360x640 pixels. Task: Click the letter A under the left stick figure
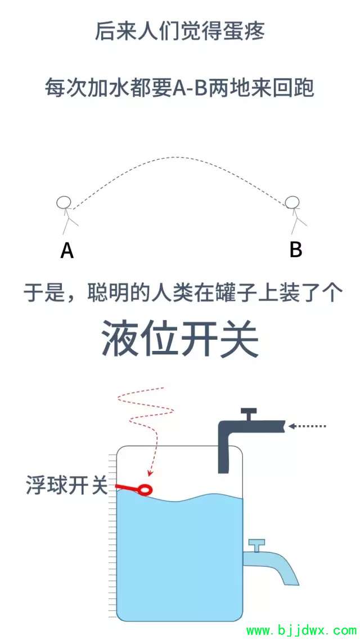click(67, 250)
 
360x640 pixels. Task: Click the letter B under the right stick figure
click(295, 249)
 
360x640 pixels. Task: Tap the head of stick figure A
click(64, 203)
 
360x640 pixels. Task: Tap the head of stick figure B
click(292, 202)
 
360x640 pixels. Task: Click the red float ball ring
click(145, 489)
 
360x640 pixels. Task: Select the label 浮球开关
click(67, 485)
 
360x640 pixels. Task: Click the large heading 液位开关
click(180, 337)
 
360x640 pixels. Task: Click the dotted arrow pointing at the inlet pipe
click(307, 426)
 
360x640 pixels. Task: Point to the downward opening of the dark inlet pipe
click(223, 472)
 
